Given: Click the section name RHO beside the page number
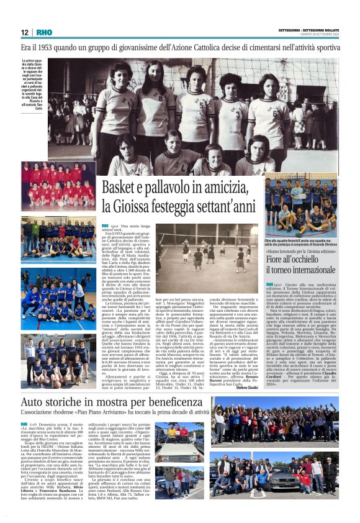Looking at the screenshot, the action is pyautogui.click(x=44, y=32).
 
